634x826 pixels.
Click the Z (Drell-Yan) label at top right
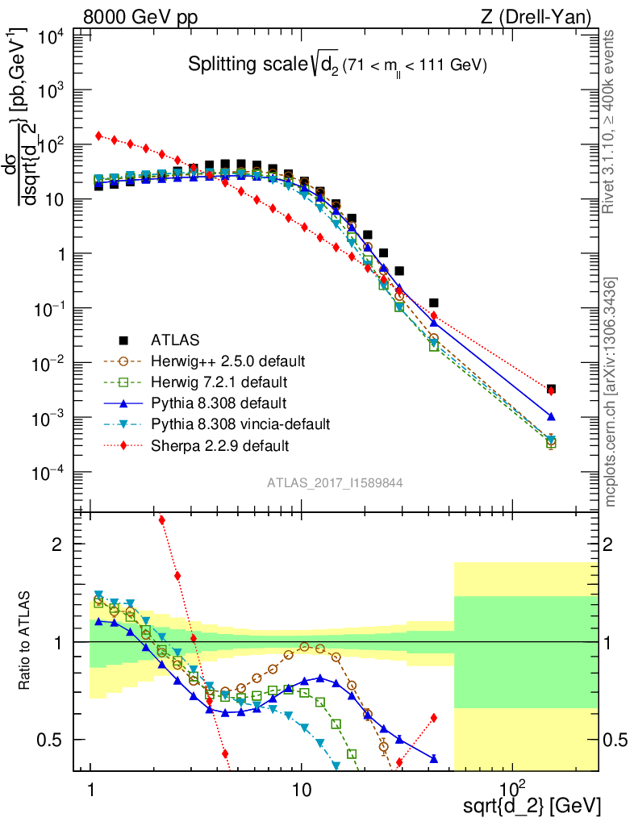(x=545, y=15)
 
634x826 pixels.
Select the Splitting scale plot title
(x=337, y=65)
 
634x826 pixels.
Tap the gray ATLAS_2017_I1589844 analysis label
(x=336, y=482)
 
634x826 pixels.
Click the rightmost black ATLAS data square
(x=551, y=389)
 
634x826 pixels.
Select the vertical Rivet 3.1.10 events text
(x=610, y=121)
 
